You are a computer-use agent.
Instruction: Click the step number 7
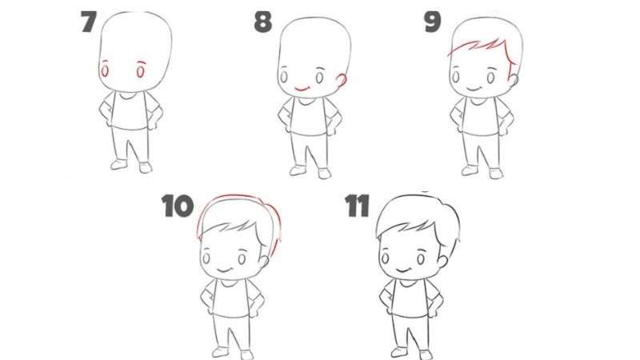pos(89,22)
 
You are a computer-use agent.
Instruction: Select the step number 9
pos(432,22)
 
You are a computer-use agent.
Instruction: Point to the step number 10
pos(177,206)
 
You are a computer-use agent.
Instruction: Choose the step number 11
pos(357,206)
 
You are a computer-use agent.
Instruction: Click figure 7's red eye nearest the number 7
pos(106,72)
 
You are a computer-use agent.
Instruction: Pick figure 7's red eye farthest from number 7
pos(142,72)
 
